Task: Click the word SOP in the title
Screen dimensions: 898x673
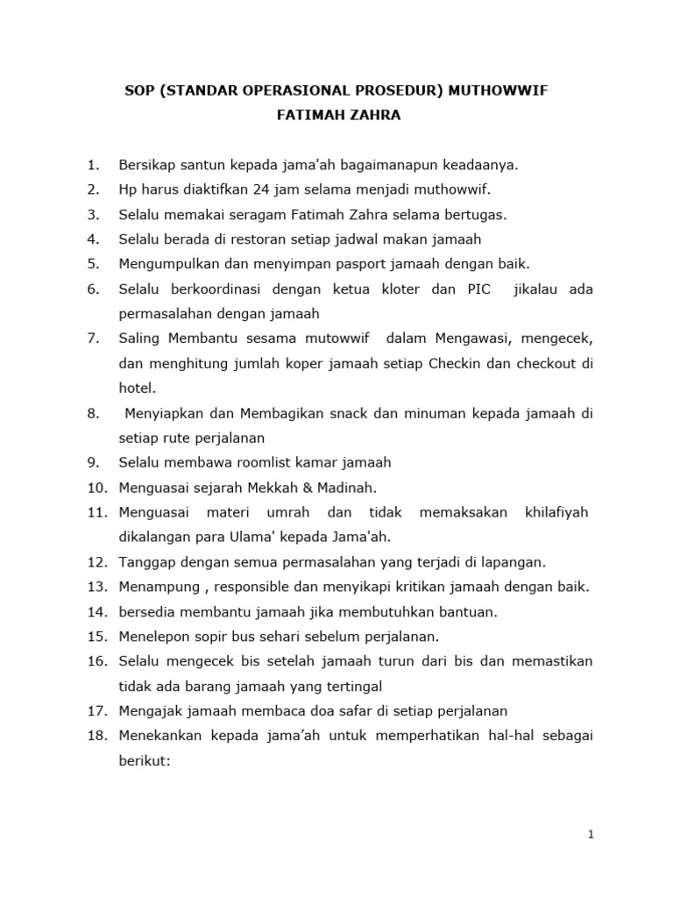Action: pyautogui.click(x=138, y=91)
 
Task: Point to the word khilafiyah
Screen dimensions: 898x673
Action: pyautogui.click(x=556, y=512)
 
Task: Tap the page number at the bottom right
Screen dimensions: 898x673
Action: pyautogui.click(x=592, y=835)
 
